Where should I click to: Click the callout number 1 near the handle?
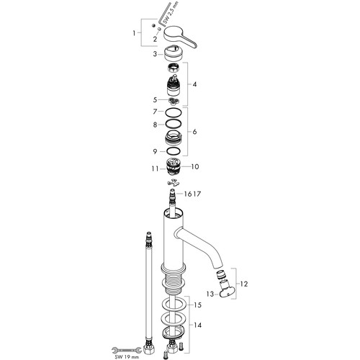coord(134,33)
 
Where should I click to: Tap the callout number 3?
coord(156,54)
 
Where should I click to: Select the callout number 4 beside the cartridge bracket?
coord(194,84)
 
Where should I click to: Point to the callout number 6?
coord(194,132)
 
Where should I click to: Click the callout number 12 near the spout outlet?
coord(243,284)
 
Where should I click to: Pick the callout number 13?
coord(210,294)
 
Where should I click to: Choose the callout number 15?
coord(197,305)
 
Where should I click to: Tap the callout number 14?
coord(197,325)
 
